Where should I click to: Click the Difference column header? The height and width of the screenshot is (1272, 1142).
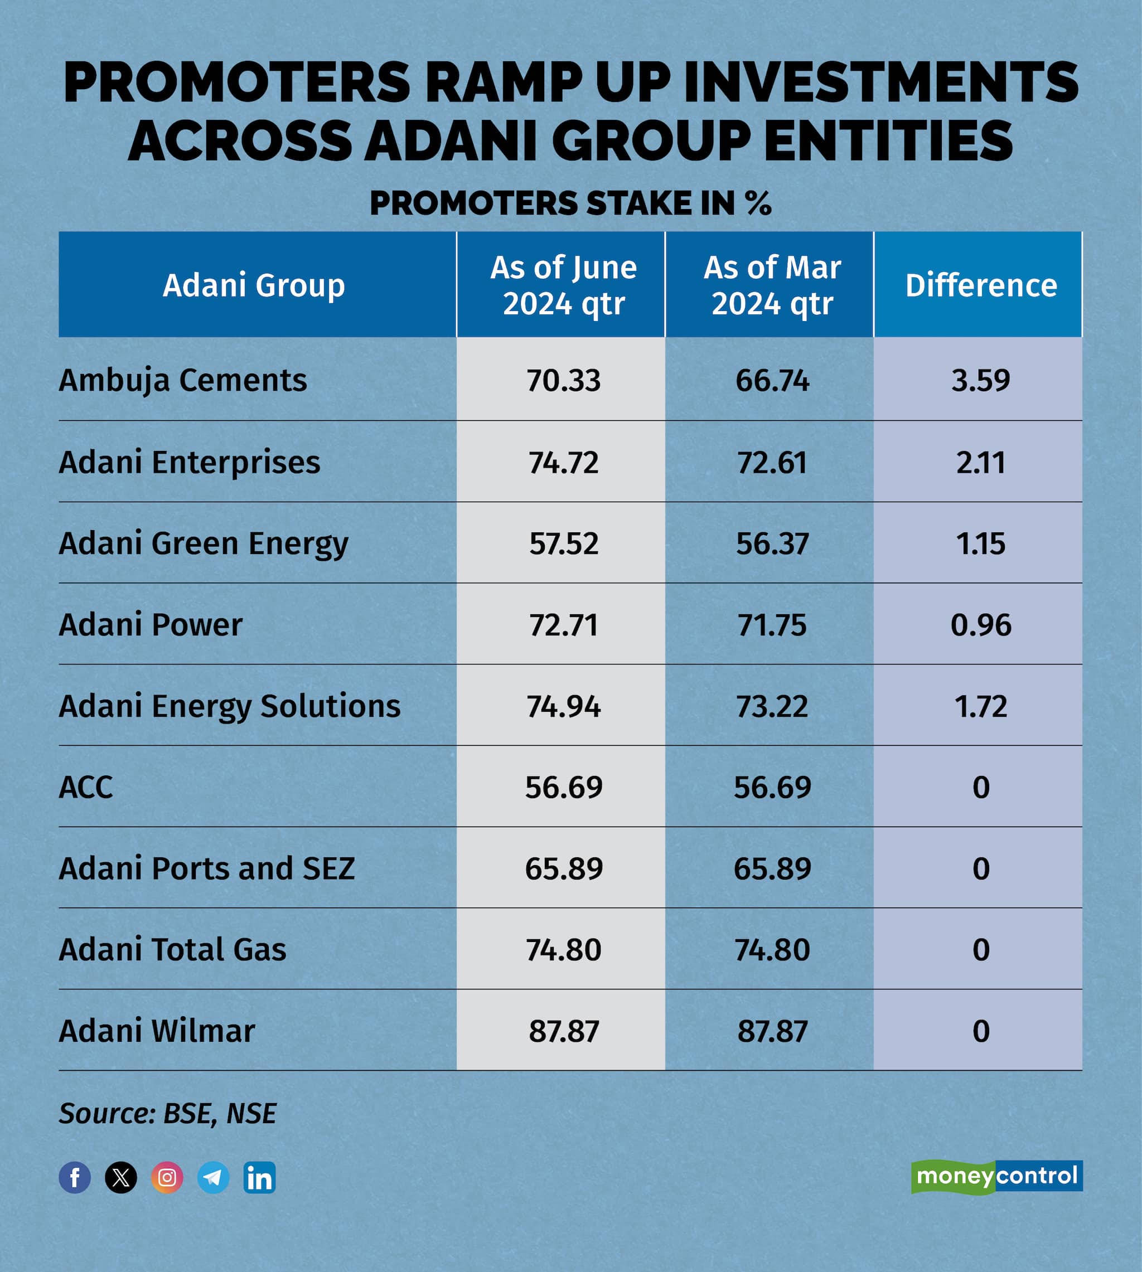(980, 285)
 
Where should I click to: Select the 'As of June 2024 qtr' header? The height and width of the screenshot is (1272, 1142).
(563, 285)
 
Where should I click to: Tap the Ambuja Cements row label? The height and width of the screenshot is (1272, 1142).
(182, 380)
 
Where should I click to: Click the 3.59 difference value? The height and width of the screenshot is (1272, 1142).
(980, 381)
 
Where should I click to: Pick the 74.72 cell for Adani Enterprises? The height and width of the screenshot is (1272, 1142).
(563, 462)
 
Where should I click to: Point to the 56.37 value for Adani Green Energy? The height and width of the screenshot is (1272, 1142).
(772, 543)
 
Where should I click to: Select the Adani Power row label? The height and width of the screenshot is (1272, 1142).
(151, 625)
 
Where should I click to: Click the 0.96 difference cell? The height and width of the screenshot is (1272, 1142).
(980, 625)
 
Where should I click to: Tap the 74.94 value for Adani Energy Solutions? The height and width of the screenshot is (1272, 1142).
(563, 706)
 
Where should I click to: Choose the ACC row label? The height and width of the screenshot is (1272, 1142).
(86, 787)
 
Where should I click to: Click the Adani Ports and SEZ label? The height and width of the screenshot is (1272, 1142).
(206, 868)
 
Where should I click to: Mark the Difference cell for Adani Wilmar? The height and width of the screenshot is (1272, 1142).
(980, 1031)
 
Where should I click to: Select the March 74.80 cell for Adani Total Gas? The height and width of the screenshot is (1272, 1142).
(772, 950)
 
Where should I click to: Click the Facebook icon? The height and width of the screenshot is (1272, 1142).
(75, 1177)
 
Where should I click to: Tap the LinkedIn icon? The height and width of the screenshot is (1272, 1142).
(259, 1177)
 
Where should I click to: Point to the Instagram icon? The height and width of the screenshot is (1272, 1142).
(167, 1177)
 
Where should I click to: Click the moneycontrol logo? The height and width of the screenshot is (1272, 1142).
(996, 1176)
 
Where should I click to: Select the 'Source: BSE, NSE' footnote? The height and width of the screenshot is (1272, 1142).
(167, 1113)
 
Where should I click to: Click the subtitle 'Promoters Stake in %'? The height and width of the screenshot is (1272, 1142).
(570, 203)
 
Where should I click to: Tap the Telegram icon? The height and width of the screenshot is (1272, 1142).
(214, 1177)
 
